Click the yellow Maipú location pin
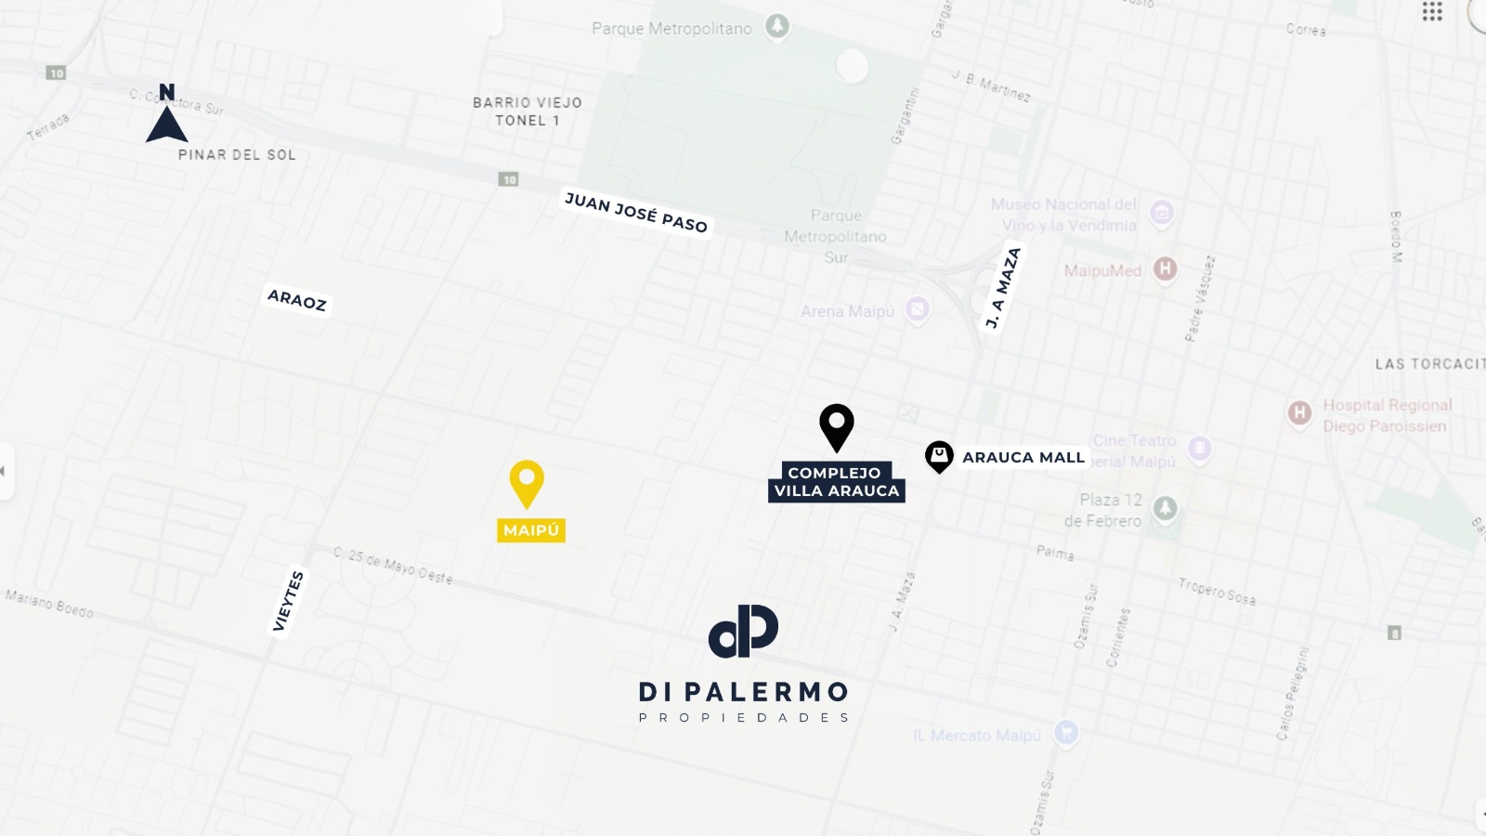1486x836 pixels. click(527, 482)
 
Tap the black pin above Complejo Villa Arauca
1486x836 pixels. click(836, 425)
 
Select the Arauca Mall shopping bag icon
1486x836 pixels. click(939, 456)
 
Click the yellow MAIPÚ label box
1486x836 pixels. click(531, 530)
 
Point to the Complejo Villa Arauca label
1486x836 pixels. click(836, 482)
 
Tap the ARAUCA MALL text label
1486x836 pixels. click(1023, 457)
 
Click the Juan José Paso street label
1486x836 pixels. click(636, 213)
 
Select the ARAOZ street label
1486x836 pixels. click(297, 299)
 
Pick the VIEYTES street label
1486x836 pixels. click(288, 602)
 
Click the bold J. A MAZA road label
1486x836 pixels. click(1003, 287)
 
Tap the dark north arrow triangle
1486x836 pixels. click(167, 124)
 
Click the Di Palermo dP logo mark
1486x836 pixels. click(743, 631)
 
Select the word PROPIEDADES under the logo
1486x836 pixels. click(743, 718)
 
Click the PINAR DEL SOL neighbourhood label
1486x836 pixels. click(237, 155)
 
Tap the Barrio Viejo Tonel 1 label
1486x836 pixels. click(527, 111)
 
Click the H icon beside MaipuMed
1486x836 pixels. click(1165, 269)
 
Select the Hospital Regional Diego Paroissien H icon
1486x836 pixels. click(1298, 412)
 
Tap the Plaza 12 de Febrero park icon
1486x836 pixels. click(1165, 508)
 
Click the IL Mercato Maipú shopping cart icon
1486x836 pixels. click(1065, 733)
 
